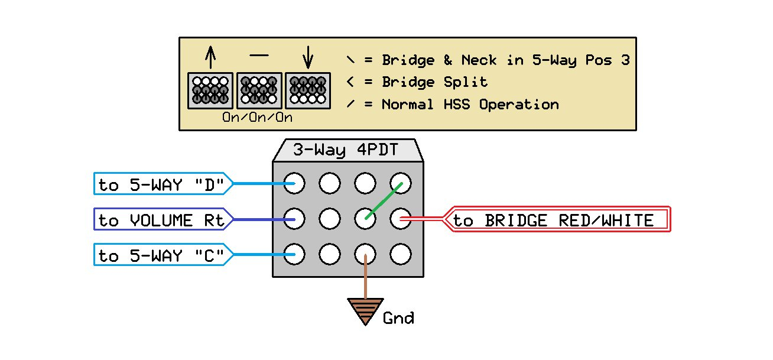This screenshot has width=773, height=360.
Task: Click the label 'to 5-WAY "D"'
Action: coord(161,184)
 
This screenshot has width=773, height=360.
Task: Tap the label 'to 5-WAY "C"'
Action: coord(161,256)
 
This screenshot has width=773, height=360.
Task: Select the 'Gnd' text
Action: coord(398,319)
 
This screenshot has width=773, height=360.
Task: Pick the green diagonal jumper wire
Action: coord(384,201)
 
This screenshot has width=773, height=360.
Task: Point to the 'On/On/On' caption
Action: coord(257,117)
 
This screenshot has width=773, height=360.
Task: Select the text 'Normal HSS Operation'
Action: coord(470,105)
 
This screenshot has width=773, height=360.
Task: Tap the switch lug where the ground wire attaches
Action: coord(366,255)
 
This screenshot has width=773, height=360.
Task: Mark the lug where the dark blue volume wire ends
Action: coord(294,219)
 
